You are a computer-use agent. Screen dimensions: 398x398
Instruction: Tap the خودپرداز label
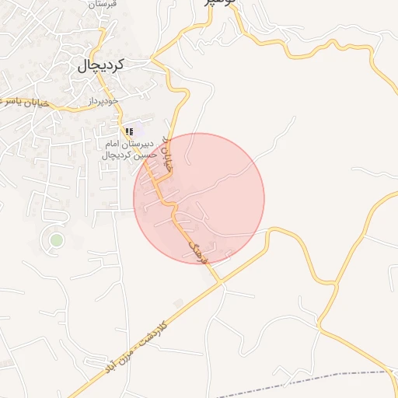pos(101,102)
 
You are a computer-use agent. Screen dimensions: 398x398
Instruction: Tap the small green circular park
pos(55,239)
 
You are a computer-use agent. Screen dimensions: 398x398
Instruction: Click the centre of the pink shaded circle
pos(199,198)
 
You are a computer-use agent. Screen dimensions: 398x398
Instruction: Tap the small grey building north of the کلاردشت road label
pos(180,302)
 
